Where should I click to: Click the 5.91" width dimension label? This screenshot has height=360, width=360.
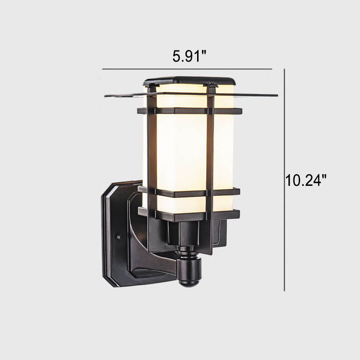coord(189,57)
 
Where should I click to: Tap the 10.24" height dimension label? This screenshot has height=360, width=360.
coord(306,180)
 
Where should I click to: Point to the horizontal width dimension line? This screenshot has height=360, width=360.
coord(187,69)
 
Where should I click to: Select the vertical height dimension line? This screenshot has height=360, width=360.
coord(284,180)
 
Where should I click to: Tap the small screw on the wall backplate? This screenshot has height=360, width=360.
coord(119,236)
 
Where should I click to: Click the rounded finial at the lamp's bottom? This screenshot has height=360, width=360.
coord(189,273)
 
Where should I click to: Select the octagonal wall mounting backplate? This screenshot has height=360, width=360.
coord(119,234)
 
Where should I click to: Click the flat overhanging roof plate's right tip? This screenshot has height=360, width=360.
coord(278,95)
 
